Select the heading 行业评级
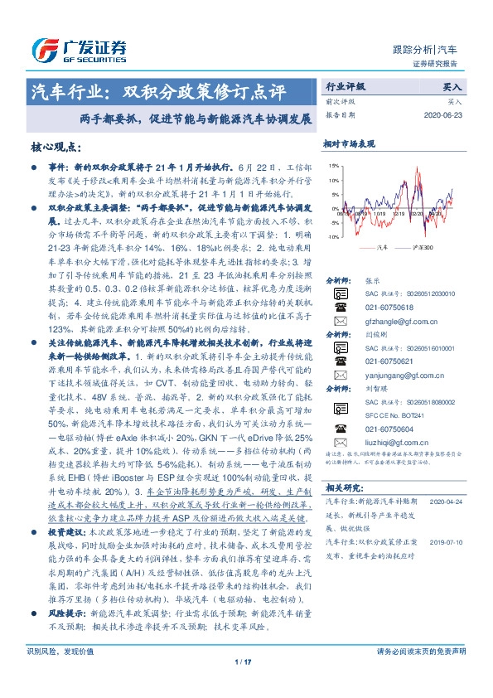[346, 85]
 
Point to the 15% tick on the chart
[334, 166]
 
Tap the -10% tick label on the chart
[333, 236]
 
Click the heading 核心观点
[57, 146]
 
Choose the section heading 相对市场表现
[349, 142]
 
